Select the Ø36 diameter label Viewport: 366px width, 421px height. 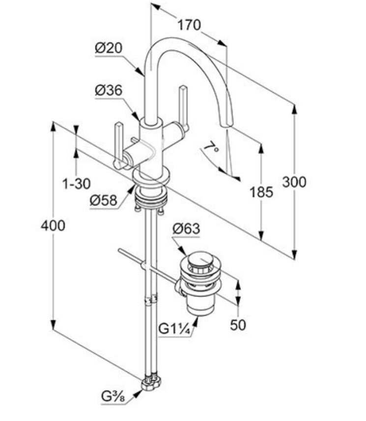109,91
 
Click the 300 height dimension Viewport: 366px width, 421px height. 294,182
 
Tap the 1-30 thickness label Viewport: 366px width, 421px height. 76,184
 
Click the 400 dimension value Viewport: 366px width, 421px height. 53,226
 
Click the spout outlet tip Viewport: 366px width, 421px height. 227,123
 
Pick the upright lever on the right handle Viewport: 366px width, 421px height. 183,105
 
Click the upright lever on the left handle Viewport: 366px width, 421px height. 119,142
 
